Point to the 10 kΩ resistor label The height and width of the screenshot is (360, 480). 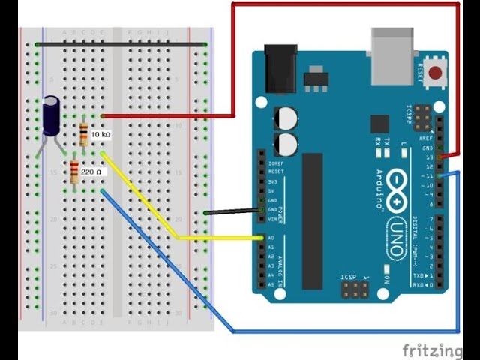click(100, 134)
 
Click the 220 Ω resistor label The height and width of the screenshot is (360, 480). click(91, 172)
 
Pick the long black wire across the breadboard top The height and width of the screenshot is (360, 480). click(120, 45)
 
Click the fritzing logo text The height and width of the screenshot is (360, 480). click(432, 349)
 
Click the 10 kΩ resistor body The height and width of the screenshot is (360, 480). click(83, 134)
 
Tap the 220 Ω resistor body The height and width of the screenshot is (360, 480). click(74, 173)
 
